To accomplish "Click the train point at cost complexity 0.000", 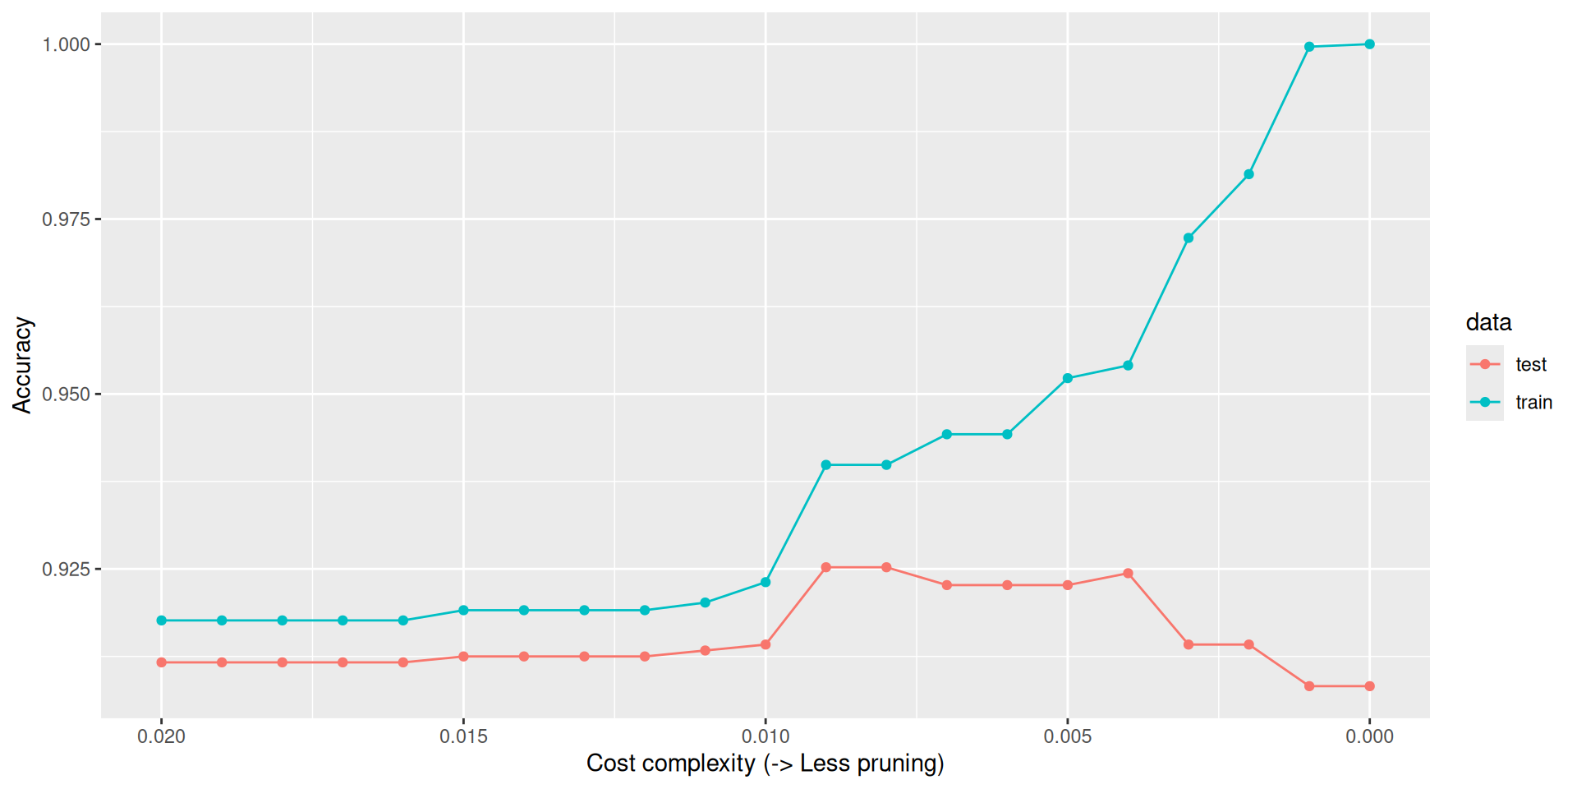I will click(x=1369, y=44).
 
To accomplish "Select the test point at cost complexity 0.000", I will click(x=1369, y=686).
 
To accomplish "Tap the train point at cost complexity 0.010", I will click(x=766, y=582).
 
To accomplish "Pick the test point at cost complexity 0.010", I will click(x=766, y=644).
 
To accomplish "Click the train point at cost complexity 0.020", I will click(x=162, y=621).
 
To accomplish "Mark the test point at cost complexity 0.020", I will click(x=162, y=662).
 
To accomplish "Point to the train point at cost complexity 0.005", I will click(x=1068, y=379).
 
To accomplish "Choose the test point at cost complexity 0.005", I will click(x=1068, y=585).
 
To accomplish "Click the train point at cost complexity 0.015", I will click(x=463, y=611).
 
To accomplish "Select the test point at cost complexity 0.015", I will click(x=463, y=657).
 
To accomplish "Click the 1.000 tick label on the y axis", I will click(x=66, y=44).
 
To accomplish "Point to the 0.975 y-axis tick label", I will click(x=66, y=219).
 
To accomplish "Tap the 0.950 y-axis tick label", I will click(x=66, y=394).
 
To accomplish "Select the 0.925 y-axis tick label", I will click(x=66, y=570).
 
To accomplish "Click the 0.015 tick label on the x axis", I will click(x=463, y=736).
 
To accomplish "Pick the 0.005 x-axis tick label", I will click(x=1068, y=736).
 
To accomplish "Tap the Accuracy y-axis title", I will click(x=22, y=365).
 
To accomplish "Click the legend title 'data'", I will click(x=1488, y=322).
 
